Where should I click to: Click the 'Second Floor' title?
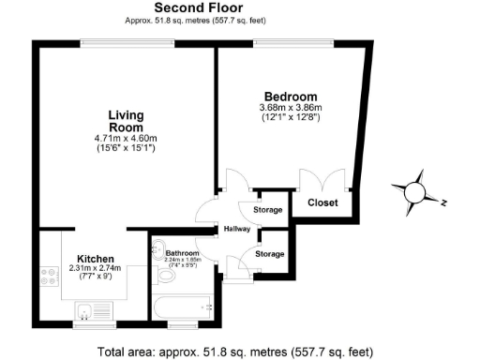click(x=193, y=8)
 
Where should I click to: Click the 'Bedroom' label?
click(x=290, y=97)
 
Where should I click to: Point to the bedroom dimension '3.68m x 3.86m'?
click(x=290, y=108)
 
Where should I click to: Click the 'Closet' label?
click(x=323, y=202)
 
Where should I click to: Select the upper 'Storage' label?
click(x=268, y=210)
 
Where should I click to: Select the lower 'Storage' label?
click(x=270, y=254)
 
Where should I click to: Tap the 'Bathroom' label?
click(x=183, y=253)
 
